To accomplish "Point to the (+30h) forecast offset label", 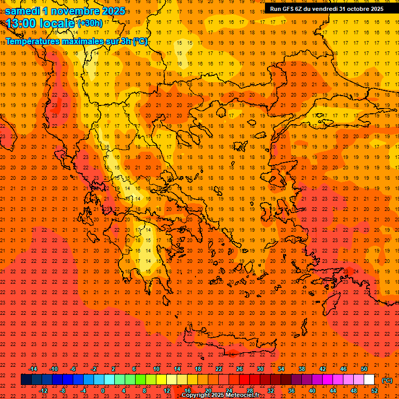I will click(90, 23).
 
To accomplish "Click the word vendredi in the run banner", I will click(327, 8).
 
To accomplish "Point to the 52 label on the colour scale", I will click(375, 391).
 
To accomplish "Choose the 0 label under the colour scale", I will click(103, 391).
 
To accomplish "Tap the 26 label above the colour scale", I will click(240, 369).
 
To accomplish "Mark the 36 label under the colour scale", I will click(291, 391).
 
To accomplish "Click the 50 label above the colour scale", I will click(364, 369).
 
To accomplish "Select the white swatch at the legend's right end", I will click(369, 380).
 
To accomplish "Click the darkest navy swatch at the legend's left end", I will click(26, 380).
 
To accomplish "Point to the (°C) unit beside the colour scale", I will click(387, 380).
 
